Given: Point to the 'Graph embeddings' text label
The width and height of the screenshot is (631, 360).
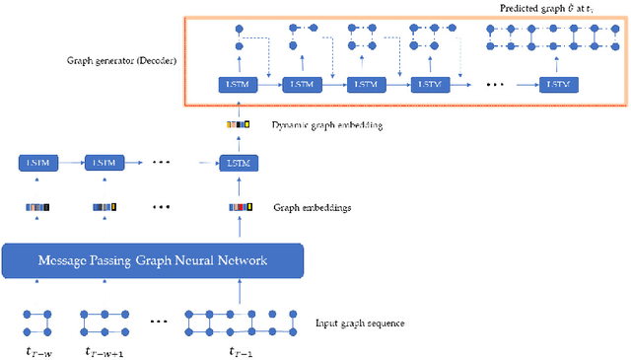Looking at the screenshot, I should (x=312, y=207).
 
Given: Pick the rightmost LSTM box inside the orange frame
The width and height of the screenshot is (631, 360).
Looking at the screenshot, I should (x=558, y=85).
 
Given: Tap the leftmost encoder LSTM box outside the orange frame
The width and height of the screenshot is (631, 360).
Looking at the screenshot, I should (x=37, y=162).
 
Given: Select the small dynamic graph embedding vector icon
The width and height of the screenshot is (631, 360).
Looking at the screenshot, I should (x=237, y=125).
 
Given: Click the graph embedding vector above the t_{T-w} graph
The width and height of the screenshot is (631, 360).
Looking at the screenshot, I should (x=36, y=207).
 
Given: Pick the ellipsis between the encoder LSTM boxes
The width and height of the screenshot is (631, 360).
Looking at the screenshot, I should (x=164, y=162).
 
